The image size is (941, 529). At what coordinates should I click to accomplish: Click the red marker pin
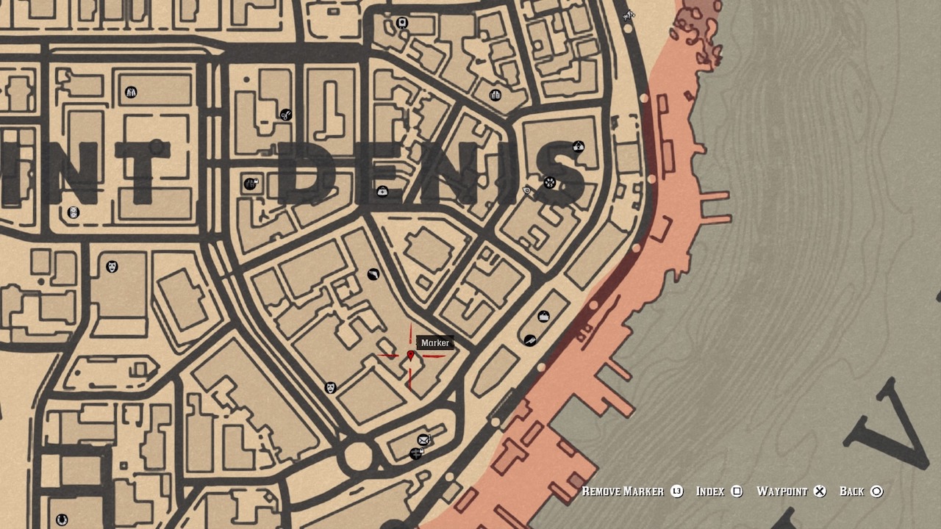[411, 356]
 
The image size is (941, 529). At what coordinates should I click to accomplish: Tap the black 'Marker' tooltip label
[434, 343]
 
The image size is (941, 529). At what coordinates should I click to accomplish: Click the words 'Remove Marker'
[623, 492]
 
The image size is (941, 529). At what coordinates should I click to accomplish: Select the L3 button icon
[677, 492]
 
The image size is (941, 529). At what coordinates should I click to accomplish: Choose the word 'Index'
[710, 492]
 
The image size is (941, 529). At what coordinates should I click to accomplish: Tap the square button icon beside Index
[737, 492]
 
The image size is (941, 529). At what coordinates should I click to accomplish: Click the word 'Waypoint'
[782, 492]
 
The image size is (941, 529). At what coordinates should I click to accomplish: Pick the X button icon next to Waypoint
[820, 492]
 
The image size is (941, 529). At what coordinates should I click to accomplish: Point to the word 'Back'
[852, 492]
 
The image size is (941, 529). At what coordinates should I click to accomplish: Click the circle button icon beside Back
[876, 492]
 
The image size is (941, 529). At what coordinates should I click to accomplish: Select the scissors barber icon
[286, 115]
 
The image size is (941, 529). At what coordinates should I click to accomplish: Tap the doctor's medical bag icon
[382, 192]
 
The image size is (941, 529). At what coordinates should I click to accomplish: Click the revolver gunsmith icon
[373, 275]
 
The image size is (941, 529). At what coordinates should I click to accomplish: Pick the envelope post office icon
[423, 440]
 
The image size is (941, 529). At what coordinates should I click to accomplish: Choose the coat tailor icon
[130, 92]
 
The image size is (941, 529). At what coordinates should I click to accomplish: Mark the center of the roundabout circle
[358, 456]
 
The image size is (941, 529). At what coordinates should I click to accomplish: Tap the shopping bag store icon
[544, 316]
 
